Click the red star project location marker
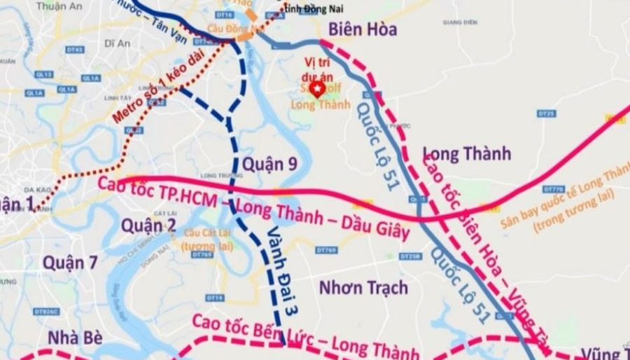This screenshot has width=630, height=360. tap(316, 89)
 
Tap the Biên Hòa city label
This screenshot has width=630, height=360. tap(363, 29)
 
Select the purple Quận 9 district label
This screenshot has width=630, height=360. tap(269, 164)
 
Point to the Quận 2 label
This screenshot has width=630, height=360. tap(147, 225)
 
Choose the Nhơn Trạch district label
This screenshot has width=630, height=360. tap(363, 287)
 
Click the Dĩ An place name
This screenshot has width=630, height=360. tap(117, 43)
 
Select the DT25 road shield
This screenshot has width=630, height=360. tap(547, 113)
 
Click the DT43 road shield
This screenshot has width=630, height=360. tap(75, 50)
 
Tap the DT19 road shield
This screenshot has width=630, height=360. tap(215, 298)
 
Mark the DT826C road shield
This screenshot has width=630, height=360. tap(46, 312)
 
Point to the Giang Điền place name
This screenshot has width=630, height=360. tap(459, 22)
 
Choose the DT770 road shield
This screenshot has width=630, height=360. tap(552, 189)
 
